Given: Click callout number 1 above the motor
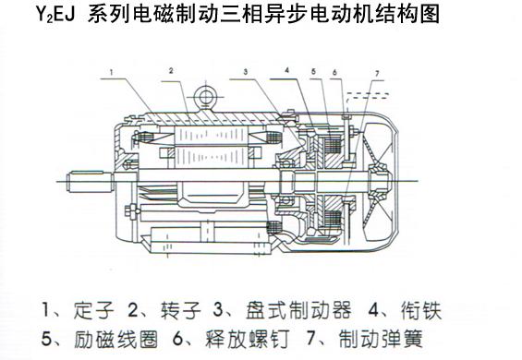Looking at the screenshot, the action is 112,72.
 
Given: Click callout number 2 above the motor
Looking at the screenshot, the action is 171,70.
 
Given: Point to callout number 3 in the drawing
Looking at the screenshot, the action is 246,71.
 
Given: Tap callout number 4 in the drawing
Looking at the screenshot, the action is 287,70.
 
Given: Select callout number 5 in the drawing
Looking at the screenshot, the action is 313,71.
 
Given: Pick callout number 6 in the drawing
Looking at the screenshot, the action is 334,72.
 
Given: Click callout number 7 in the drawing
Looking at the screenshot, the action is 377,73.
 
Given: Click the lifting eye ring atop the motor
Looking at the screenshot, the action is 204,97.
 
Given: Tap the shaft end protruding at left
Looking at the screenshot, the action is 90,182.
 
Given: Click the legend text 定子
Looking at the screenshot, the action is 93,310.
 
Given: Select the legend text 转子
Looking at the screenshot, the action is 181,310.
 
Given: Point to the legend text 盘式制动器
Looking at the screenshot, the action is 298,310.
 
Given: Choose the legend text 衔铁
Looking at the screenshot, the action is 420,310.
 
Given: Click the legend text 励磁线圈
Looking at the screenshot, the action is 115,339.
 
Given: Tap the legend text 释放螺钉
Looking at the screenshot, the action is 247,339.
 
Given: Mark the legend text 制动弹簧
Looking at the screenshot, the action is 381,339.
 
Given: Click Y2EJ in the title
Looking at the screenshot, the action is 55,14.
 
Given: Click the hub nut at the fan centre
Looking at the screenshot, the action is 380,182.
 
